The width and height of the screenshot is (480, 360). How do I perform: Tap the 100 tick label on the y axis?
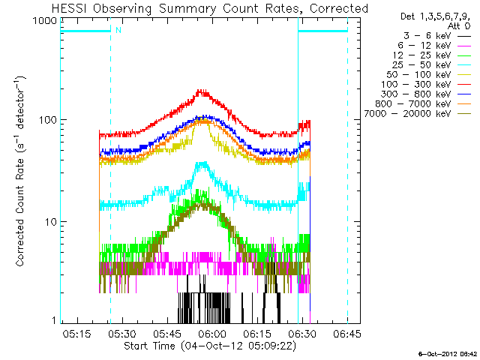pos(46,120)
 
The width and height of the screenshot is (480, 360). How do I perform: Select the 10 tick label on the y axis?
pos(49,222)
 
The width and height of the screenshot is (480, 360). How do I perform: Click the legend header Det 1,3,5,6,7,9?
pos(434,16)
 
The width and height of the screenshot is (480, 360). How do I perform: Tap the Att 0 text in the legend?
pos(457,25)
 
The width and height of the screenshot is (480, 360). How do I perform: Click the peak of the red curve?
pos(201,91)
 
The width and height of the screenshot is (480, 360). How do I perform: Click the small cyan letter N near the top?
pos(117,31)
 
